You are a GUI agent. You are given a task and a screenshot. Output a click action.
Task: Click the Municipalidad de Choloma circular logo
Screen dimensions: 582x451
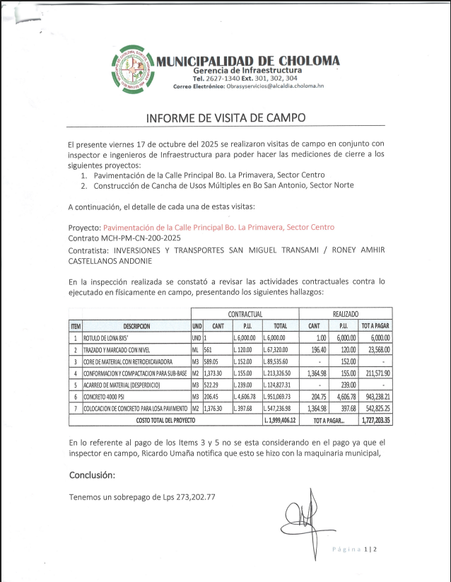coord(133,69)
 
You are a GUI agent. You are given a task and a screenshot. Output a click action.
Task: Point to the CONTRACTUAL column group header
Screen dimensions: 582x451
coord(245,313)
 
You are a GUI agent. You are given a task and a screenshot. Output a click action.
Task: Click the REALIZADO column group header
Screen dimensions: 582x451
coord(345,313)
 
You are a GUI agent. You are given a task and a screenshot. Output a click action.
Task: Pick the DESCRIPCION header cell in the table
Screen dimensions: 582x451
coord(136,326)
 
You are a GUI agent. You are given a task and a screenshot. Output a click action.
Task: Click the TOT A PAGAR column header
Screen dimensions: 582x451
coord(375,326)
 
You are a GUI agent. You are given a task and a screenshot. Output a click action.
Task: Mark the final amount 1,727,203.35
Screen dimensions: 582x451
coord(375,420)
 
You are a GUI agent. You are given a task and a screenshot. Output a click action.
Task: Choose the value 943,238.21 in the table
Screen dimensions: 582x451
coord(375,397)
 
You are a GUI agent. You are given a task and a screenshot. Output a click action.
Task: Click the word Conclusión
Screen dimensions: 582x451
coord(93,475)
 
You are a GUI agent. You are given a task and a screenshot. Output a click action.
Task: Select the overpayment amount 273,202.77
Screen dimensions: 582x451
coord(193,497)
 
